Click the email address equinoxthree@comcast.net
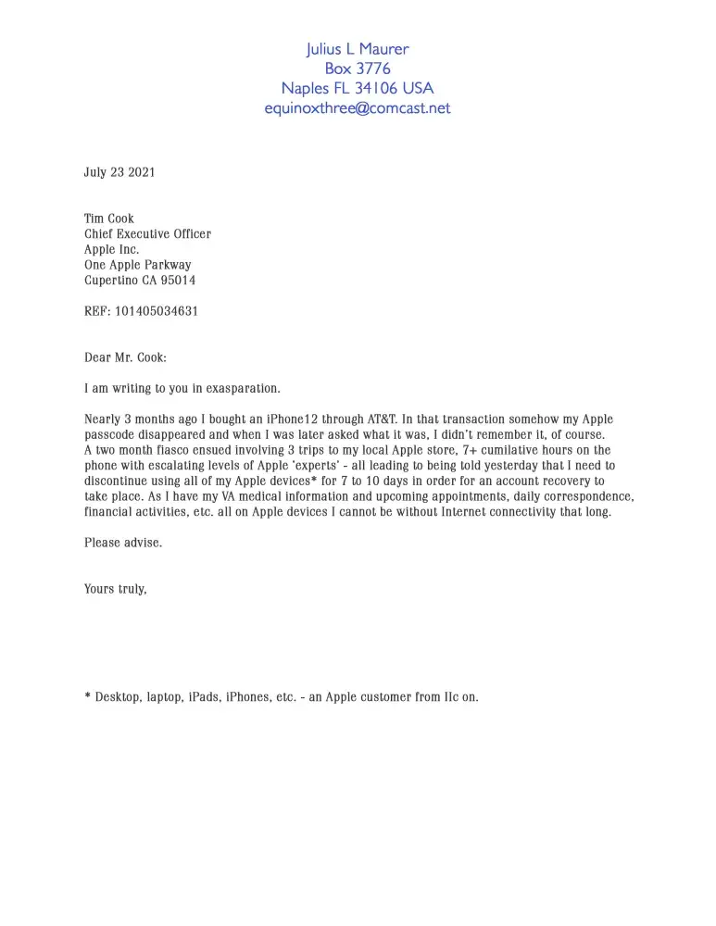coord(358,108)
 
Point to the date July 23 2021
coord(119,172)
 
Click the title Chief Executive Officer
coord(147,234)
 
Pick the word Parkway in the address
coord(169,265)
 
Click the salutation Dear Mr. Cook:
coord(125,357)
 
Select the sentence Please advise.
coord(123,543)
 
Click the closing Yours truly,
coord(116,589)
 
